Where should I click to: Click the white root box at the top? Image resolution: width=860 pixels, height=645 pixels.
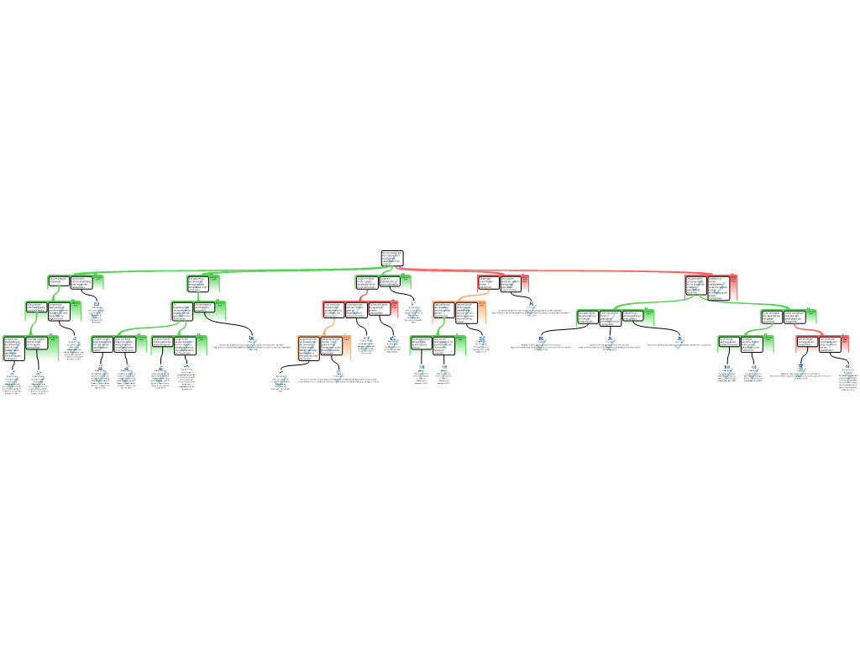[392, 258]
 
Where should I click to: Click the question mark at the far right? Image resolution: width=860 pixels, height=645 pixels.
[847, 378]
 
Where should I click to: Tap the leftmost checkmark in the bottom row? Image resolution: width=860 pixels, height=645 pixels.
[12, 383]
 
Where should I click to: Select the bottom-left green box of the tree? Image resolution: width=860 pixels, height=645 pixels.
[30, 348]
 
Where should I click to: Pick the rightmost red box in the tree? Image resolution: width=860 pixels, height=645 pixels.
[822, 343]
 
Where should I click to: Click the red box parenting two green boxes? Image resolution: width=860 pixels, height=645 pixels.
[711, 288]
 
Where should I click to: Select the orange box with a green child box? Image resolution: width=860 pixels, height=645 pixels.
[459, 312]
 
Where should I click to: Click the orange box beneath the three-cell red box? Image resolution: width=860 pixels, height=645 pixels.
[324, 348]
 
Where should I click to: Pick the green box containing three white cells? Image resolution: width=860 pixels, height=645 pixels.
[616, 317]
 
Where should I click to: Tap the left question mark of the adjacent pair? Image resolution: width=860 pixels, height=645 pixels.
[421, 374]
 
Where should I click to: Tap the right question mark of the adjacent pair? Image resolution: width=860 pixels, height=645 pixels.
[443, 374]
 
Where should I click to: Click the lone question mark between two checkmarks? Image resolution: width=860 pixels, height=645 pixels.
[482, 344]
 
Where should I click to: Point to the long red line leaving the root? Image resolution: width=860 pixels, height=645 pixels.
[546, 270]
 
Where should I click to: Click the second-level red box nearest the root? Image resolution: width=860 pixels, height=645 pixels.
[502, 284]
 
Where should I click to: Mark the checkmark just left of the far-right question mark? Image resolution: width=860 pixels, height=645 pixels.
[800, 373]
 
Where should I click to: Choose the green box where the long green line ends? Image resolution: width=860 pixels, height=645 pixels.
[76, 282]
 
